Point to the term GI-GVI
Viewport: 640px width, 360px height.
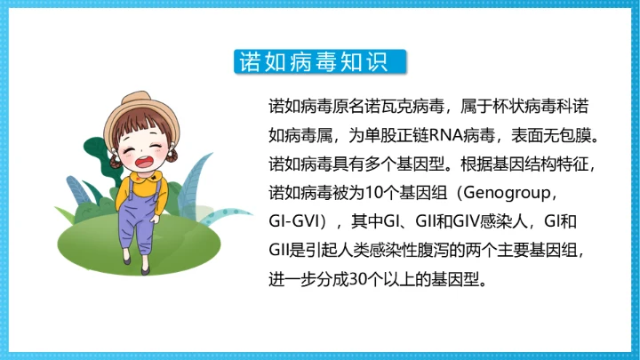[297, 220]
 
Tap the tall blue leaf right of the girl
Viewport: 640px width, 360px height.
[196, 178]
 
